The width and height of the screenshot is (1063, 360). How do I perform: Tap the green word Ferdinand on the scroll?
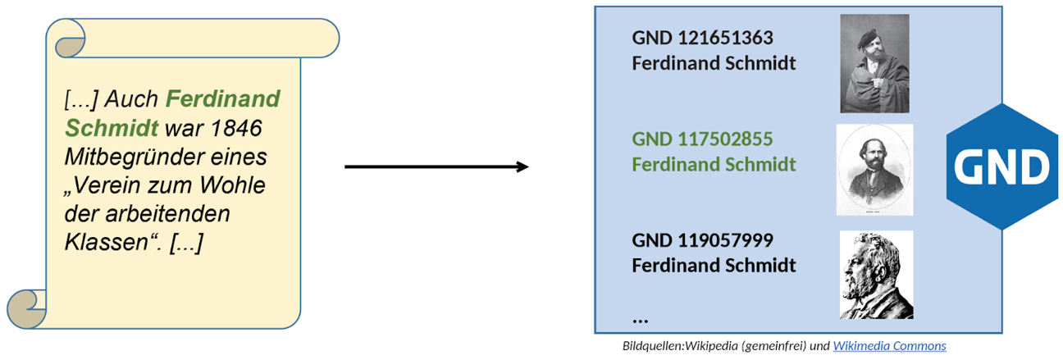coord(222,100)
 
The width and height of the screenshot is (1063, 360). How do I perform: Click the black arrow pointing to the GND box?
coord(436,167)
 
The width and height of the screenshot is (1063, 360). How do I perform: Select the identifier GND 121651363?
coord(702,39)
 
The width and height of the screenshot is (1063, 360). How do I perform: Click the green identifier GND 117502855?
coord(702,139)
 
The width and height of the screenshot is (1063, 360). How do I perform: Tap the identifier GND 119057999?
coord(702,240)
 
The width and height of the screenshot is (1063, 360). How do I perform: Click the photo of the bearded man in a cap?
coord(874,63)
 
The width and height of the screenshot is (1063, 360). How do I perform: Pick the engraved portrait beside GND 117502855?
coord(874,170)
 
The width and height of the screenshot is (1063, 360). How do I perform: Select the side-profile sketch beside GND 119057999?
coord(876,274)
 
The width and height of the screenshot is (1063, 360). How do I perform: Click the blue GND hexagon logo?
coord(1001,167)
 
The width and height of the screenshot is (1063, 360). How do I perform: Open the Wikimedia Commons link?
coord(889,346)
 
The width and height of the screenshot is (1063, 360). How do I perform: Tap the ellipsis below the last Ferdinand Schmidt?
coord(641,318)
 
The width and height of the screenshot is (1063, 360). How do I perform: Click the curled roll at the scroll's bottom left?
coord(26,308)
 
